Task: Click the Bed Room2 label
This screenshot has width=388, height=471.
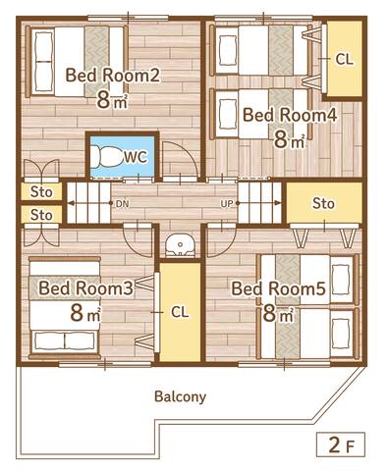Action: point(112,75)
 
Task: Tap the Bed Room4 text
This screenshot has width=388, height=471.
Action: point(290,115)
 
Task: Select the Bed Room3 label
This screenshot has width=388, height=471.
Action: point(86,288)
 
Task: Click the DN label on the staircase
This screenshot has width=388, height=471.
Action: point(122,204)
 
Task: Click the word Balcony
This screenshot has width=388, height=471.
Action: point(180,396)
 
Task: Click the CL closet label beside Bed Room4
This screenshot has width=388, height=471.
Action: point(344,59)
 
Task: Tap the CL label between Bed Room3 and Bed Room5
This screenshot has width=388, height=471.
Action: point(180,312)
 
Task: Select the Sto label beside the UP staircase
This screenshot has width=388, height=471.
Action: point(323,204)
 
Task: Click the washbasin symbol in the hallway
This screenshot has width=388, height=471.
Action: point(180,243)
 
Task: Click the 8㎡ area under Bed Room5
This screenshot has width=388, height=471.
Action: point(279,314)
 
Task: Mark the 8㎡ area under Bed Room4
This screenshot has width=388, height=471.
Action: point(290,139)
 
